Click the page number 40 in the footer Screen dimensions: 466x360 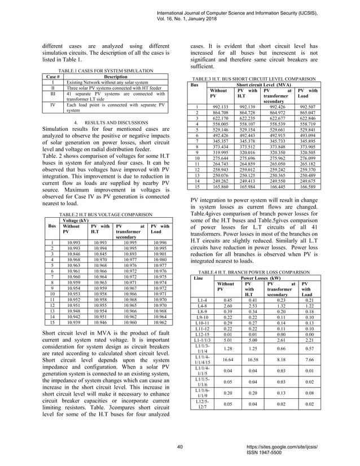pyautogui.click(x=179, y=447)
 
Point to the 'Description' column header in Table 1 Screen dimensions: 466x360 pyautogui.click(x=116, y=75)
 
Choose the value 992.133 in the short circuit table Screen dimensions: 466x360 pyautogui.click(x=219, y=105)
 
